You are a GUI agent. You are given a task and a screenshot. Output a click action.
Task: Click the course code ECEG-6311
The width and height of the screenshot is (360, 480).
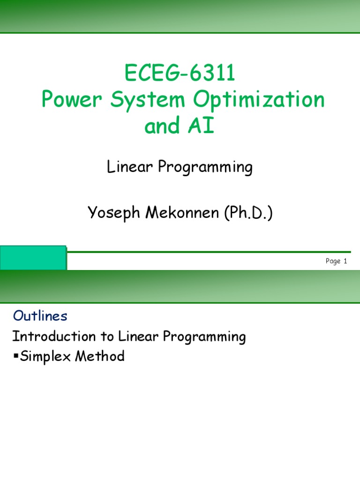pyautogui.click(x=180, y=74)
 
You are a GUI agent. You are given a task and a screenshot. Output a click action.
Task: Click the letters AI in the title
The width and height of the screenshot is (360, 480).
pyautogui.click(x=201, y=126)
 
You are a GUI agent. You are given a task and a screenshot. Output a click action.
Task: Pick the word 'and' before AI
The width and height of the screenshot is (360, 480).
pyautogui.click(x=165, y=126)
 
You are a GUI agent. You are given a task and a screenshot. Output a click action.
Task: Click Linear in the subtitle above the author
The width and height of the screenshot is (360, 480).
pyautogui.click(x=128, y=167)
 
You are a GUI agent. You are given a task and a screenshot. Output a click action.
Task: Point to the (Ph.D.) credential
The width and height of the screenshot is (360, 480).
pyautogui.click(x=248, y=213)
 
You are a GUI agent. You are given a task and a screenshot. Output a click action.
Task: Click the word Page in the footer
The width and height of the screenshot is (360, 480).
pyautogui.click(x=333, y=262)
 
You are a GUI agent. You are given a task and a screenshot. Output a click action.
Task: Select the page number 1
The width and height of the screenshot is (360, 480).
pyautogui.click(x=345, y=262)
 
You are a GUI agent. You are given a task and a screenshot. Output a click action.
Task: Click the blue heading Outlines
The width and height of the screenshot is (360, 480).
pyautogui.click(x=40, y=316)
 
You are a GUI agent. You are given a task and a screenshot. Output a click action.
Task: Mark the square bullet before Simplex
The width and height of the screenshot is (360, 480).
pyautogui.click(x=15, y=356)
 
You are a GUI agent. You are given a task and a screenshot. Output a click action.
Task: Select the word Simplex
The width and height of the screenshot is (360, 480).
pyautogui.click(x=42, y=357)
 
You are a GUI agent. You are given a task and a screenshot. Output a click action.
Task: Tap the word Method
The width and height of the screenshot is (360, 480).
pyautogui.click(x=99, y=356)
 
